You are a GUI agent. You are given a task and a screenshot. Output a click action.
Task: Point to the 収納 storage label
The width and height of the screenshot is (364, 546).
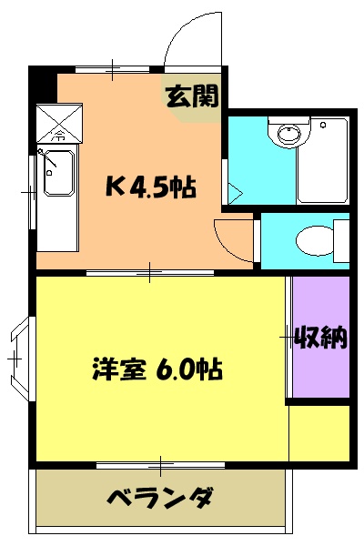tap(320, 338)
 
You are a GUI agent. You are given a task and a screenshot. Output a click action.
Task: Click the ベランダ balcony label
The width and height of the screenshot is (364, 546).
tap(160, 500)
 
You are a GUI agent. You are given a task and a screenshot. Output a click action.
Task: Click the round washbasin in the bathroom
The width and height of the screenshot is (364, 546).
tap(287, 136)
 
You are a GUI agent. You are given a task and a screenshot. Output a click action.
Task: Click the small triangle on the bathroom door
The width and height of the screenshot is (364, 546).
tap(234, 194)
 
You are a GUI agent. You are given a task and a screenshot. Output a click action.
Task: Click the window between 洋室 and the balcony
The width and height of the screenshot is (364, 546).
tap(160, 465)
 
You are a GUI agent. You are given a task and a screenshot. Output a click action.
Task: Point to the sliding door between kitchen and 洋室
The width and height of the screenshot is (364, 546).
tap(150, 272)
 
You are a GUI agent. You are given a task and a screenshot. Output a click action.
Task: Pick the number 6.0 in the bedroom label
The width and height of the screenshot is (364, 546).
tap(177, 370)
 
